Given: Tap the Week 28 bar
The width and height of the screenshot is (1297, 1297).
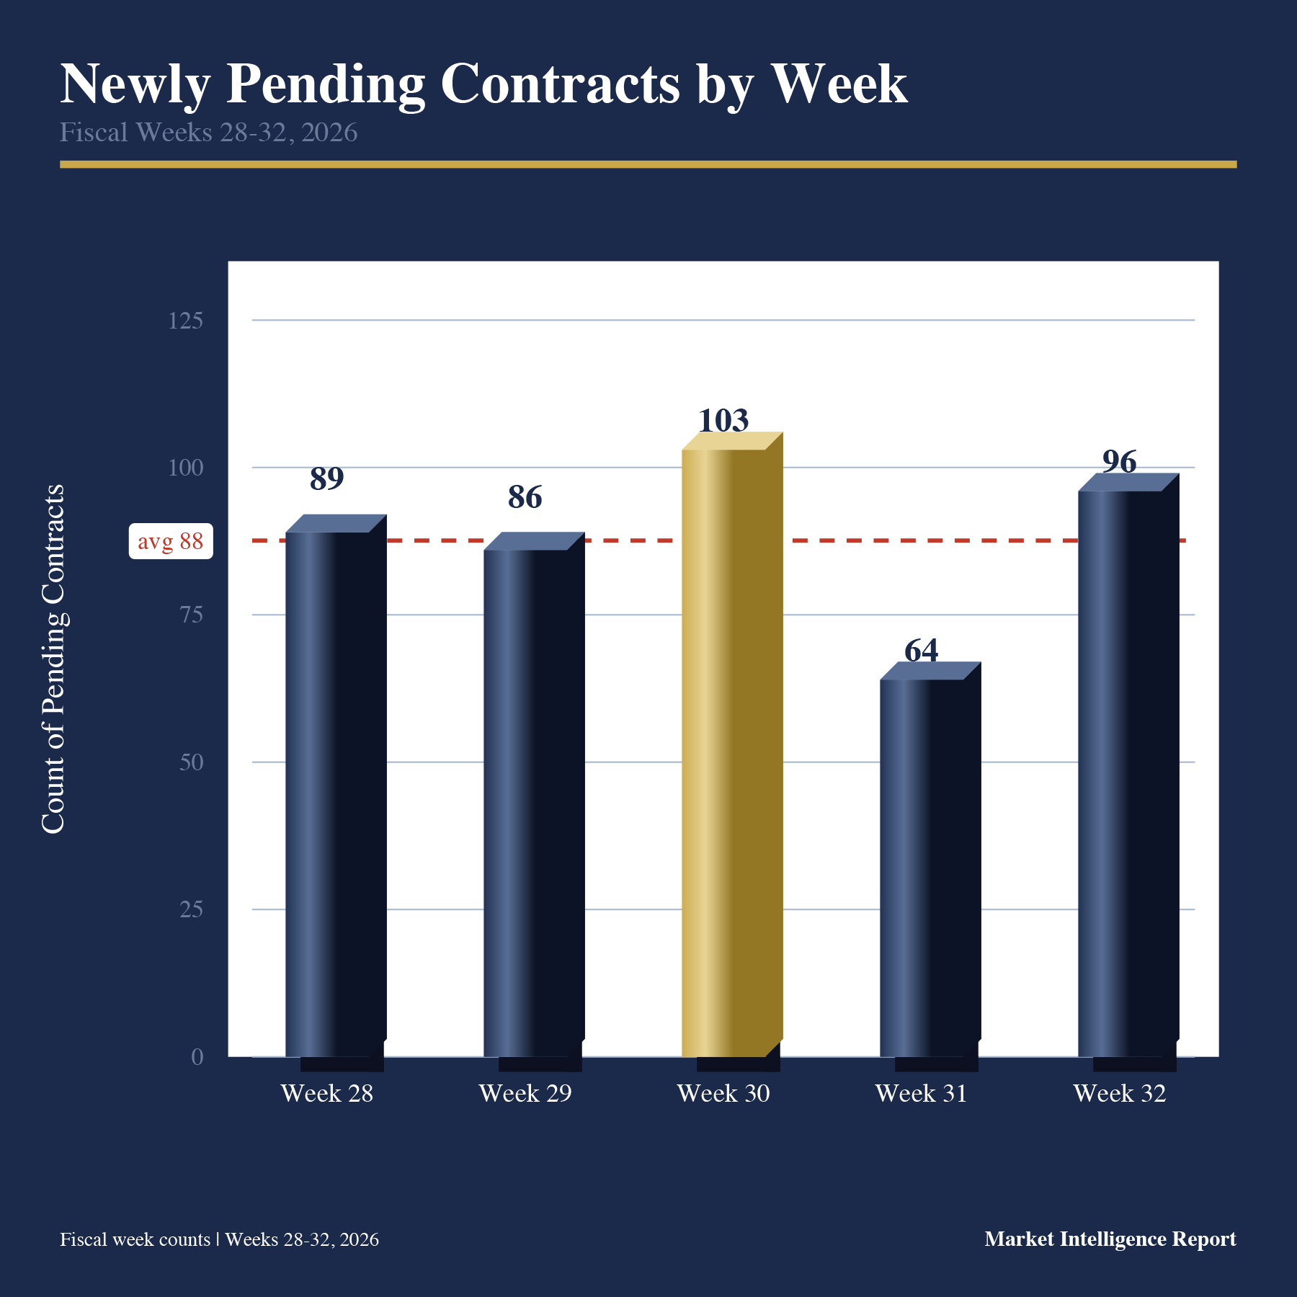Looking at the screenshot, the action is pyautogui.click(x=336, y=785).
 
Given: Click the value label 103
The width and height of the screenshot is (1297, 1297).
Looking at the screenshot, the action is pyautogui.click(x=723, y=420).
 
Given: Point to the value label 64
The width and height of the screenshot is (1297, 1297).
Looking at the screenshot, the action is pyautogui.click(x=922, y=650).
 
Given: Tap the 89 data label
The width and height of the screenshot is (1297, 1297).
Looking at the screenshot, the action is pyautogui.click(x=327, y=478).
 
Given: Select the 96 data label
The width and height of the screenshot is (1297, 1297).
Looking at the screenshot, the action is pyautogui.click(x=1120, y=462).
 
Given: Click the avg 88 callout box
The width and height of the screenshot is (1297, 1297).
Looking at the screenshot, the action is pyautogui.click(x=171, y=541).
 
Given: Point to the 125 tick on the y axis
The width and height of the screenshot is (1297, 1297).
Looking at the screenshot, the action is pyautogui.click(x=185, y=321).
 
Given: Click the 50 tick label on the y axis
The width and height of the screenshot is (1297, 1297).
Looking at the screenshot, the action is pyautogui.click(x=191, y=762).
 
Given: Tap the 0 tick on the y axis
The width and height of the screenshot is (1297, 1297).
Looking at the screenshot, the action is pyautogui.click(x=197, y=1057).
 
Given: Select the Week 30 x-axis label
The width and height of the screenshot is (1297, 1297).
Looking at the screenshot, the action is pyautogui.click(x=723, y=1093).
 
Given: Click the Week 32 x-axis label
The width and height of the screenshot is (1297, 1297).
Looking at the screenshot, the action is pyautogui.click(x=1120, y=1093).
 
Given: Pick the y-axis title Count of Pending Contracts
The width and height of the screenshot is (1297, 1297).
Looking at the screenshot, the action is pyautogui.click(x=53, y=659).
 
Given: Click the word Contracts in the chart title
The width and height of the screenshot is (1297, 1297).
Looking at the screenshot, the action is pyautogui.click(x=560, y=84).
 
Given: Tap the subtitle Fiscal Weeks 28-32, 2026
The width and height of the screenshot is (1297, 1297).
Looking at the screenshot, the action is pyautogui.click(x=208, y=133).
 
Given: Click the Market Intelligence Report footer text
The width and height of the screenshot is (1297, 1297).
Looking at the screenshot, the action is pyautogui.click(x=1110, y=1239).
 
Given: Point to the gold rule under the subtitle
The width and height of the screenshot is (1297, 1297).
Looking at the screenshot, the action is pyautogui.click(x=648, y=164).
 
